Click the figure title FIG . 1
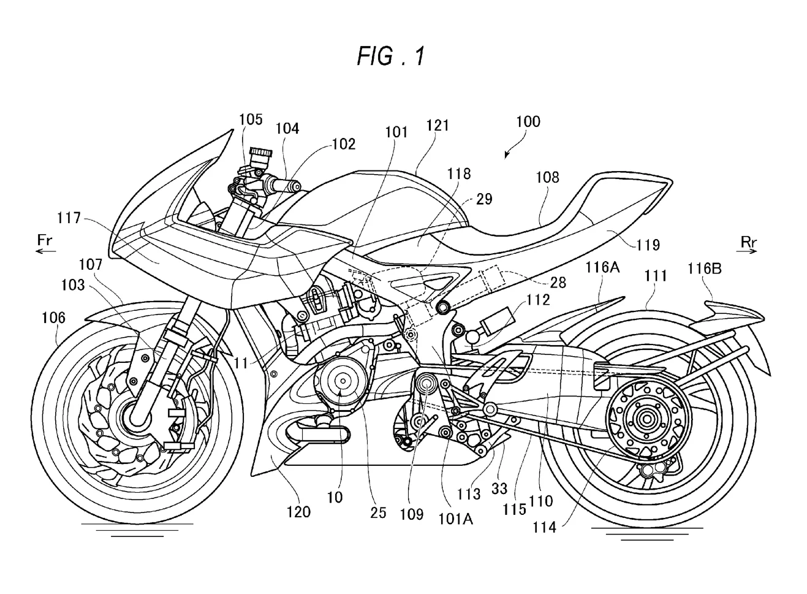pyautogui.click(x=390, y=56)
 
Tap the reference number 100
pyautogui.click(x=528, y=121)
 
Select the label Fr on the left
pyautogui.click(x=45, y=240)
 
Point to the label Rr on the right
pyautogui.click(x=748, y=242)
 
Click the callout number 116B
pyautogui.click(x=704, y=268)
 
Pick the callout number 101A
pyautogui.click(x=456, y=519)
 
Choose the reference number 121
pyautogui.click(x=438, y=125)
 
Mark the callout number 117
pyautogui.click(x=69, y=218)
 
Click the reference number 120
pyautogui.click(x=298, y=511)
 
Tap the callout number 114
pyautogui.click(x=544, y=526)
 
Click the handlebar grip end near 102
pyautogui.click(x=297, y=185)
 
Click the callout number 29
pyautogui.click(x=484, y=199)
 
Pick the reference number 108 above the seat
pyautogui.click(x=547, y=177)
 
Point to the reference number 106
pyautogui.click(x=53, y=318)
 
